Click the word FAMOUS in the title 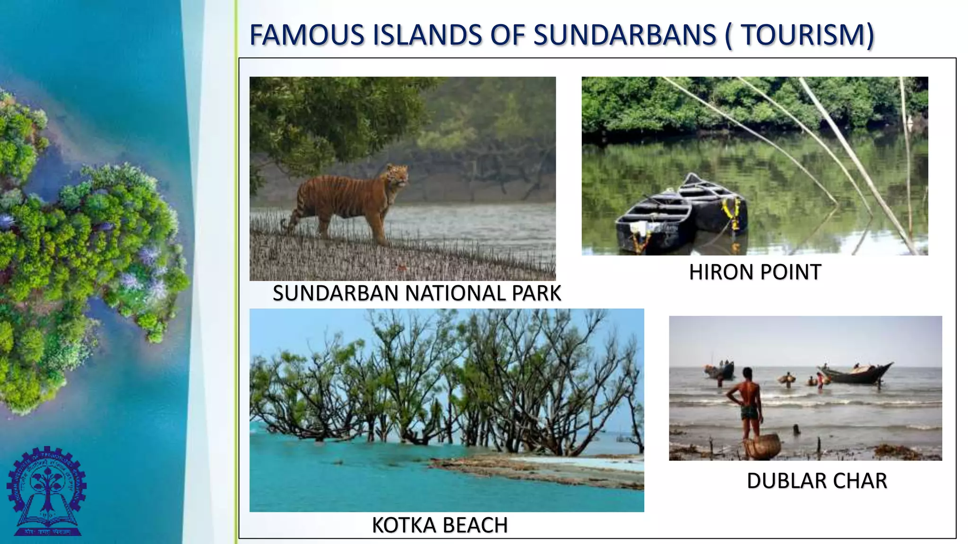[307, 35]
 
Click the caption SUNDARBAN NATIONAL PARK [416, 293]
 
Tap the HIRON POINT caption [755, 272]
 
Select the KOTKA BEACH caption [440, 525]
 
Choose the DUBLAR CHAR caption [817, 481]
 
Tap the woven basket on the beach [761, 447]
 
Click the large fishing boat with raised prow [858, 374]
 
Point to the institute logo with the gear [46, 491]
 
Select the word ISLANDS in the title [428, 35]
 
